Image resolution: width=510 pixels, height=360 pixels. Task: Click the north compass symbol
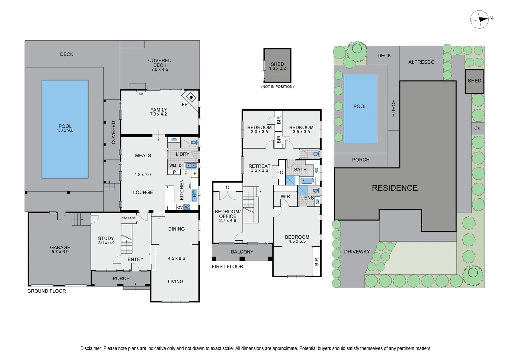(479, 19)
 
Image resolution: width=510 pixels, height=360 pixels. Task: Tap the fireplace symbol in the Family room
(191, 97)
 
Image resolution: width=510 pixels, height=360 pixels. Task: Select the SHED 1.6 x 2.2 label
(277, 66)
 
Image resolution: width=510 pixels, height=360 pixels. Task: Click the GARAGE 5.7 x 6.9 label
(60, 249)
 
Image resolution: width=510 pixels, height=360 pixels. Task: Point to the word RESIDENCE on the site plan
(395, 188)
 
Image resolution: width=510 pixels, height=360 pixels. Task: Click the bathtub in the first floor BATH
(307, 181)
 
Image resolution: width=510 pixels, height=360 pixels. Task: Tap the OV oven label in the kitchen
(180, 207)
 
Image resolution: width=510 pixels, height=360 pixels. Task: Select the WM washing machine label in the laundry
(172, 165)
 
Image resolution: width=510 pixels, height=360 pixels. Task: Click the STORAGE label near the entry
(128, 218)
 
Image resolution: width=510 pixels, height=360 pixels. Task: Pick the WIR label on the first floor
(285, 196)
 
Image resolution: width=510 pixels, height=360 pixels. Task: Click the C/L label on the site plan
(478, 128)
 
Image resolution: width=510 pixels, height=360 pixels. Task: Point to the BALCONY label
(242, 252)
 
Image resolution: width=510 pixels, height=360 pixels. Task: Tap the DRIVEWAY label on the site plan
(357, 252)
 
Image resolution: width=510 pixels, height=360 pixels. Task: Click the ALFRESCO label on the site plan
(421, 62)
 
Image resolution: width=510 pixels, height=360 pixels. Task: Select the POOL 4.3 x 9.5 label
(65, 128)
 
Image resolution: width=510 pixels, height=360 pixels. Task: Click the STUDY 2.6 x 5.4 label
(106, 240)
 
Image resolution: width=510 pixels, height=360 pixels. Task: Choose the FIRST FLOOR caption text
(227, 266)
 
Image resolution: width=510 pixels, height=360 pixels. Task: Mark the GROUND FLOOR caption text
(47, 291)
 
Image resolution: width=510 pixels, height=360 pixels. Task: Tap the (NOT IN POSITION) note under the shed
(277, 87)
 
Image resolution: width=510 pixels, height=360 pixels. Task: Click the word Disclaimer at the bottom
(91, 348)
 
